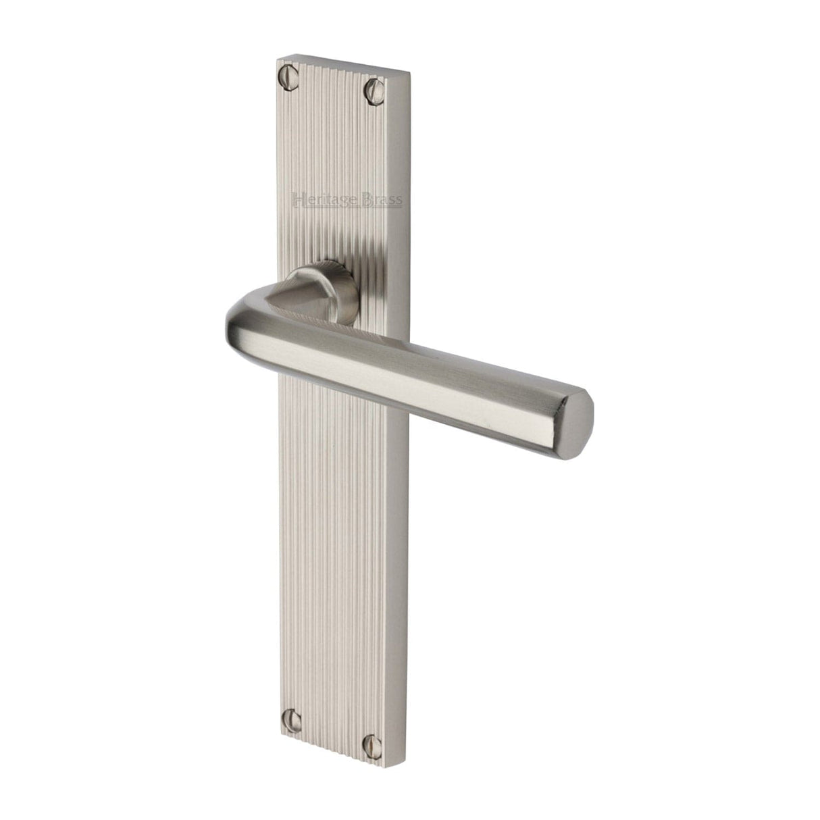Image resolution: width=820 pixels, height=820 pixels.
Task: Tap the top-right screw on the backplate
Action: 373,88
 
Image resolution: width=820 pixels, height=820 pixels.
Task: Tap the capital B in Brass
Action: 369,199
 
